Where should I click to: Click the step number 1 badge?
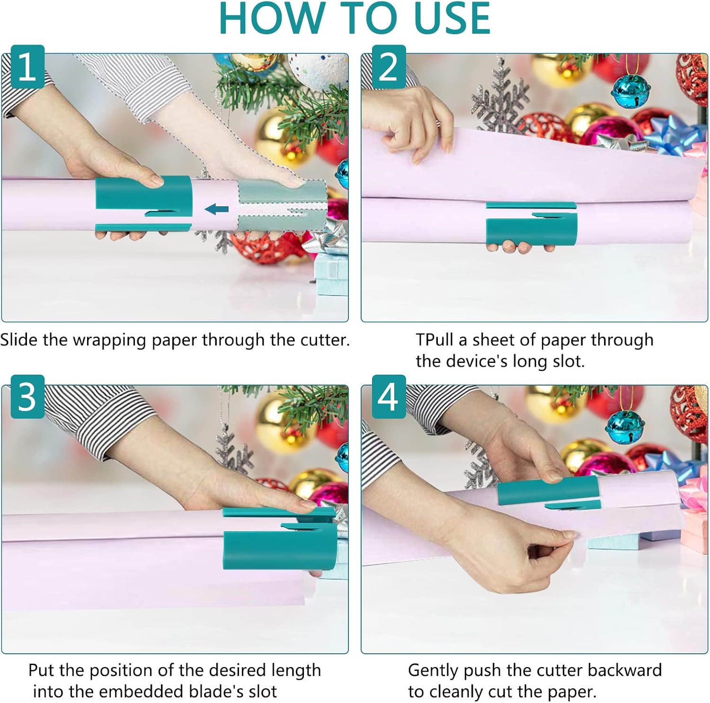27,67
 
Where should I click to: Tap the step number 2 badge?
389,67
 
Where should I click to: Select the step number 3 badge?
27,396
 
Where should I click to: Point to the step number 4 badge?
389,396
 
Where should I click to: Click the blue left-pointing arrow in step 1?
217,209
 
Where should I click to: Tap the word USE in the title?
452,19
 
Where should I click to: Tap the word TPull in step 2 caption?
435,340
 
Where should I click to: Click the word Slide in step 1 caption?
19,340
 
